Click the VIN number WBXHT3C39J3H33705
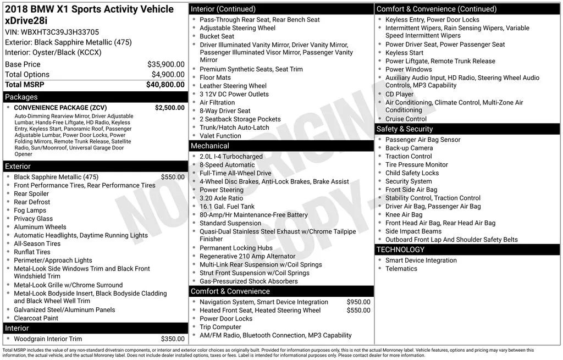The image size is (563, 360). click(52, 32)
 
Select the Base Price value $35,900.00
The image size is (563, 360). click(166, 64)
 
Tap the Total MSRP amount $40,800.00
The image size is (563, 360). click(165, 85)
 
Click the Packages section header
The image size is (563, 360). click(21, 97)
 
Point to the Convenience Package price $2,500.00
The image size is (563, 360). click(170, 108)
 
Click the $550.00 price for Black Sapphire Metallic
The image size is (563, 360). click(173, 177)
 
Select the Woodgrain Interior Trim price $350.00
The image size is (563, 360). click(173, 339)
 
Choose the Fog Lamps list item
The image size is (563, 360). click(30, 211)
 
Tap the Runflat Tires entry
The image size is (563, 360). click(32, 252)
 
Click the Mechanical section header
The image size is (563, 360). click(209, 146)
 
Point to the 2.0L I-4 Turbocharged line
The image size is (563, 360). click(231, 157)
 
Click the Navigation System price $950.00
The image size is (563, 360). click(358, 302)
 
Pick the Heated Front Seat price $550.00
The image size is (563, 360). click(358, 310)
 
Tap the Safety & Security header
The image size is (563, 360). click(405, 129)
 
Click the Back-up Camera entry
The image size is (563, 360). click(409, 148)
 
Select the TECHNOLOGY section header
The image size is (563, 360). click(400, 250)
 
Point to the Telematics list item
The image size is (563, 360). click(401, 269)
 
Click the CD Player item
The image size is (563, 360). click(400, 94)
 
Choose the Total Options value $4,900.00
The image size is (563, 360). click(168, 74)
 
